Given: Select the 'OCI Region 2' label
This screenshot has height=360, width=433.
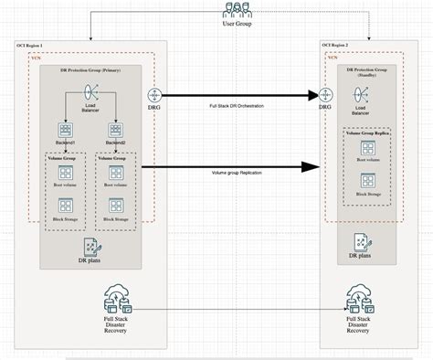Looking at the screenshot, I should [x=337, y=45].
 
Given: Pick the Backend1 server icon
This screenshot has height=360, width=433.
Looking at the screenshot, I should [x=66, y=131].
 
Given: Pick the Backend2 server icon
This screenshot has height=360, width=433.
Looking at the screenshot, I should [x=115, y=131].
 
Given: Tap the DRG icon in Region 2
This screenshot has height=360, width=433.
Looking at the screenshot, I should [x=324, y=94].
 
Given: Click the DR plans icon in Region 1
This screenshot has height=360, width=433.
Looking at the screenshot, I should [x=90, y=245].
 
